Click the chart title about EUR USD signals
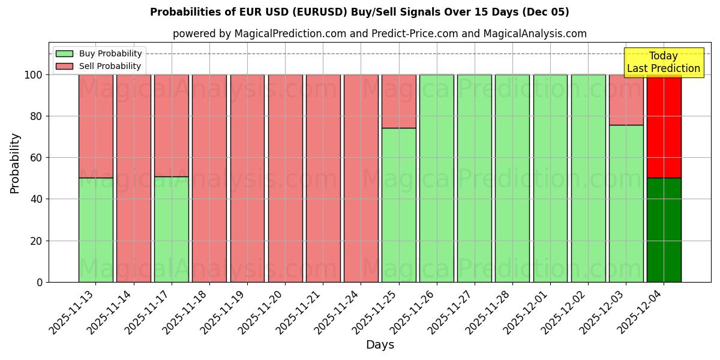[x=359, y=12]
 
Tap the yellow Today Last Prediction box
[x=663, y=62]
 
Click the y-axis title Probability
[x=15, y=163]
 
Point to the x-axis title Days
[x=380, y=345]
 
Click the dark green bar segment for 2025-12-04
[x=664, y=230]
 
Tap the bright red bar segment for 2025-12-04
[x=664, y=126]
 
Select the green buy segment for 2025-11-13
[x=95, y=230]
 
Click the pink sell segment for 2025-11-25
[x=398, y=101]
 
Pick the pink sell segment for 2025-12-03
[x=626, y=100]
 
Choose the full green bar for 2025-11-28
[x=512, y=178]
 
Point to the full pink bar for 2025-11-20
[x=285, y=178]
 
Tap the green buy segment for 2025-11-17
[x=171, y=229]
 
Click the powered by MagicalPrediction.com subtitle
[x=380, y=34]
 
